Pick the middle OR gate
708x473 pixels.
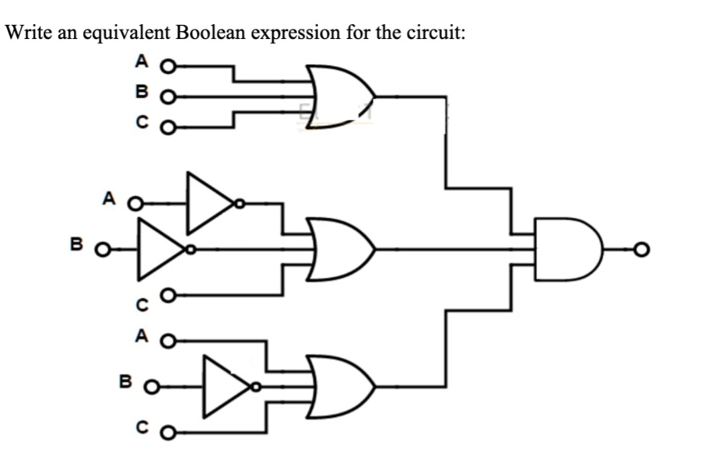[x=339, y=250]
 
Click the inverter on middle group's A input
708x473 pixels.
[x=209, y=204]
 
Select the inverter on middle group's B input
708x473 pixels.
[x=162, y=250]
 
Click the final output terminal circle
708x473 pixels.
[x=640, y=250]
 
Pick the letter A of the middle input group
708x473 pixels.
[x=109, y=200]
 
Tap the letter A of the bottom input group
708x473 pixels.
[x=141, y=337]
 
